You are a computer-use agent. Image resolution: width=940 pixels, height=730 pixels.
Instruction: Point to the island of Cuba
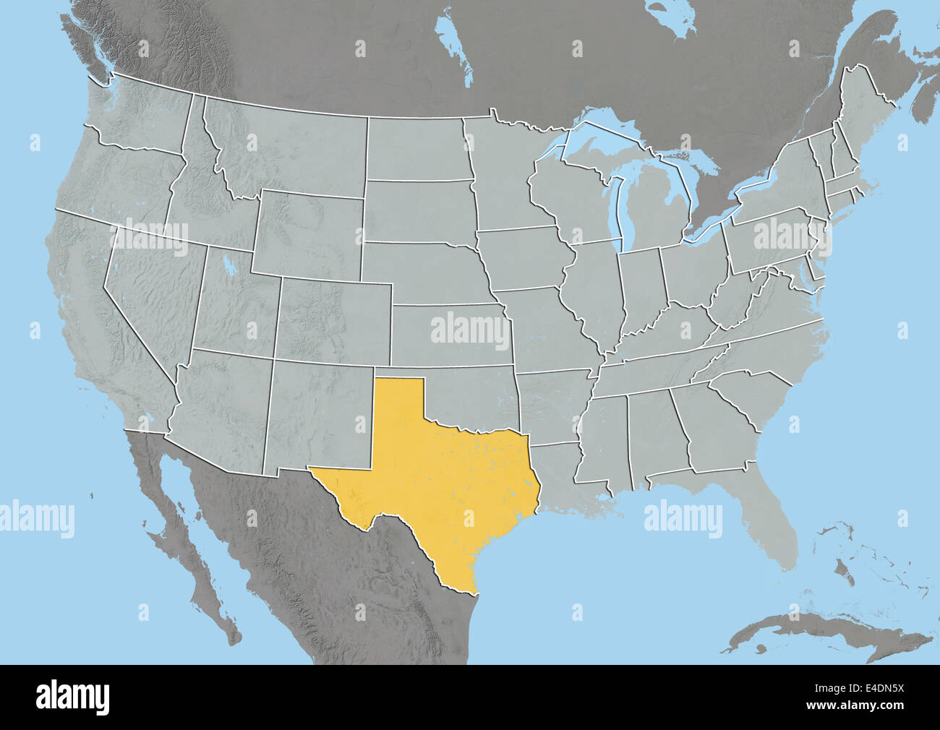point(832,632)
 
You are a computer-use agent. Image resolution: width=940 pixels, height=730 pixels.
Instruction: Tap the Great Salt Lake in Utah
point(229,263)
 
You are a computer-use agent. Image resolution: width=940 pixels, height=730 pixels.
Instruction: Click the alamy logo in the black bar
point(72,697)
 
